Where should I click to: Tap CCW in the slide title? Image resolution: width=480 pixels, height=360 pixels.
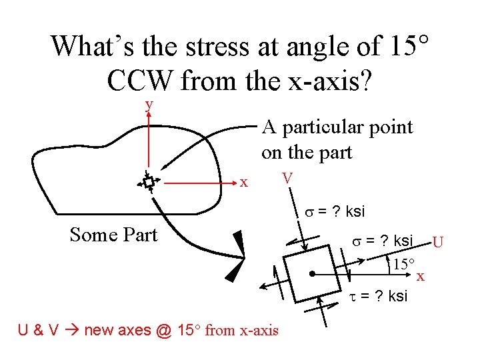[140, 80]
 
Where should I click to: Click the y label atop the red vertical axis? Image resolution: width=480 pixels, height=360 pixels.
[149, 105]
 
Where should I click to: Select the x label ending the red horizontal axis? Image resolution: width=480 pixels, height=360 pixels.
[244, 182]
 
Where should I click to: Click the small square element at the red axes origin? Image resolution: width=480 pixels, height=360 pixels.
[148, 181]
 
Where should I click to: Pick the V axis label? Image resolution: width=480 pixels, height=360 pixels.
[287, 179]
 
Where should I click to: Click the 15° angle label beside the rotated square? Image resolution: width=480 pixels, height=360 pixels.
[403, 263]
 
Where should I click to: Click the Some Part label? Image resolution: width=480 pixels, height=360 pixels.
[113, 235]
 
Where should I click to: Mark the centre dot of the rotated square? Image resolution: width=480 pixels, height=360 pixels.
[312, 273]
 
